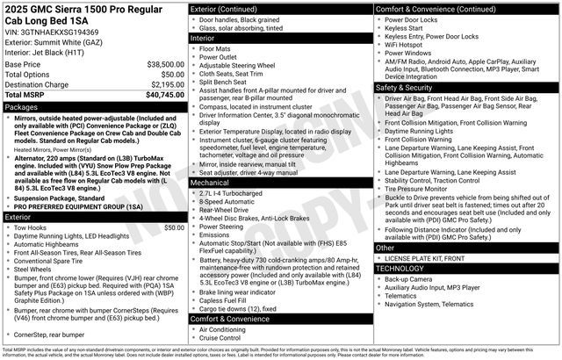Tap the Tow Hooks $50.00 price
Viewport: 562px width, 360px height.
point(174,227)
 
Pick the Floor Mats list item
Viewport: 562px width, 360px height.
point(219,49)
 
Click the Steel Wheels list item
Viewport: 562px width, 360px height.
point(40,270)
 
